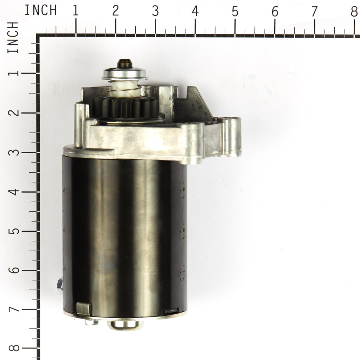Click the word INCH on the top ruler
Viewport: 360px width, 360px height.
[x=41, y=10]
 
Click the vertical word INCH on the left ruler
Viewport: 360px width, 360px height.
[x=13, y=37]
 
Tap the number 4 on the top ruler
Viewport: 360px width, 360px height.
[x=195, y=11]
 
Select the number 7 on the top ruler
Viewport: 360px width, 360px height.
[x=314, y=11]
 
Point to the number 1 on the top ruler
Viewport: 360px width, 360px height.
[x=76, y=11]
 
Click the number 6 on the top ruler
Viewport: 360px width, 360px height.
[x=275, y=11]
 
